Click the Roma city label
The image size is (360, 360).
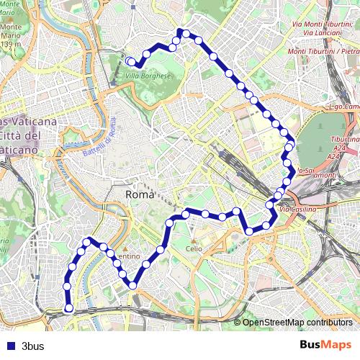click(x=140, y=195)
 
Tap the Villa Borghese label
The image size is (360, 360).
click(x=148, y=76)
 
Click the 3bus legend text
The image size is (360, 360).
click(x=33, y=346)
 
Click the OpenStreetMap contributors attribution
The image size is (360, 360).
click(x=297, y=322)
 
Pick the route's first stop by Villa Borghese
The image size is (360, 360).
click(x=130, y=61)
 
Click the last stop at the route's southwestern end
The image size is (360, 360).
click(x=69, y=308)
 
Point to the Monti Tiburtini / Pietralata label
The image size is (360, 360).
click(x=323, y=52)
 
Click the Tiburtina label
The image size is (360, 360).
click(x=345, y=138)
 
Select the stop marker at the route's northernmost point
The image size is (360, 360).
click(x=181, y=31)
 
